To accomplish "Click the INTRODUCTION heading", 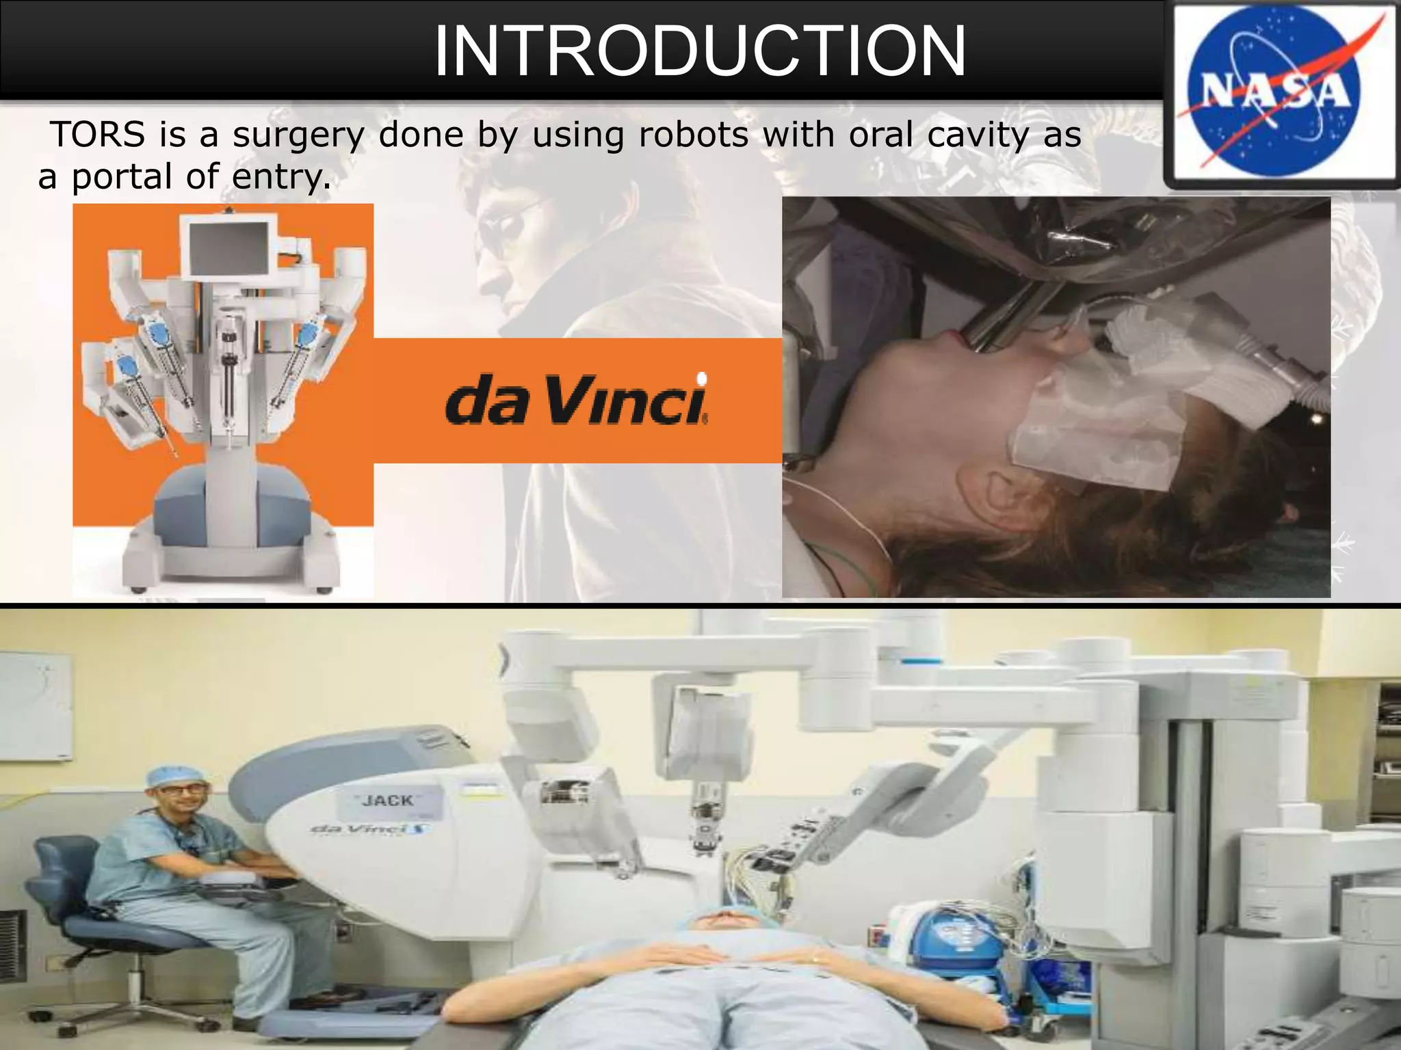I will pos(699,51).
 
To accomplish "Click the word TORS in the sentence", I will pos(98,134).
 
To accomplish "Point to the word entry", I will pos(281,177).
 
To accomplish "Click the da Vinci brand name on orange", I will pos(577,402).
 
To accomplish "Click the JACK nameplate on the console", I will pos(388,800).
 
